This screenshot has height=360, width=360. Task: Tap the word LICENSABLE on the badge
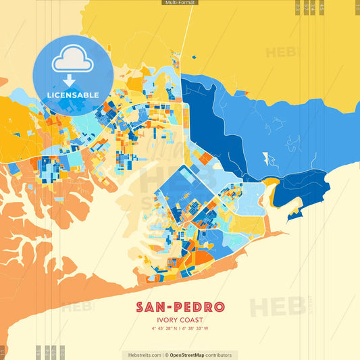pos(73,95)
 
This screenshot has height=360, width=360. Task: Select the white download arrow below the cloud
pos(70,80)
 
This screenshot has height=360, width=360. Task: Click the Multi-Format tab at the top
pos(180,3)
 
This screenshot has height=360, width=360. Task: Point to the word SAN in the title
pos(151,307)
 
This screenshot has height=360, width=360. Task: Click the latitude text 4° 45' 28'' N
pos(165,330)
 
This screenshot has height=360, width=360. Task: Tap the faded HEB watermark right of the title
pos(277,305)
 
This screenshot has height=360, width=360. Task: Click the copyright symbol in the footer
pos(166,355)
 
